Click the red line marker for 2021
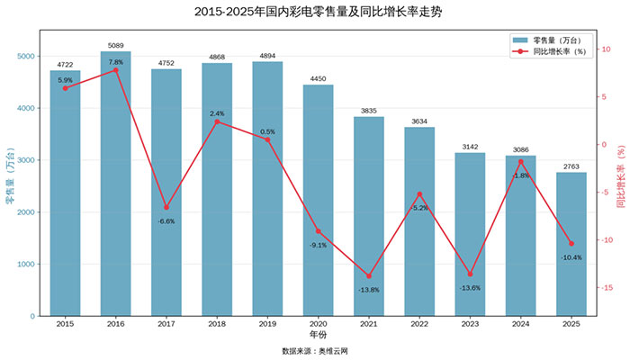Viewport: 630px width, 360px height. coord(368,276)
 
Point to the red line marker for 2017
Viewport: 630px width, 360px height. coord(166,208)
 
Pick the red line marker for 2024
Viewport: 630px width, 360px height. coord(520,162)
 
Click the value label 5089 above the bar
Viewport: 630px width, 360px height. coord(115,44)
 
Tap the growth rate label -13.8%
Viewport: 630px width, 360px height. coord(368,290)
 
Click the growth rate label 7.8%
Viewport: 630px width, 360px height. coord(115,62)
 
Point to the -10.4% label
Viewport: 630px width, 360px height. coord(571,257)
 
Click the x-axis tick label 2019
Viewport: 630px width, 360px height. coord(267,324)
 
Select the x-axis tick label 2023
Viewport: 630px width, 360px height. coord(470,324)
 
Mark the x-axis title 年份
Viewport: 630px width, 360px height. coord(318,335)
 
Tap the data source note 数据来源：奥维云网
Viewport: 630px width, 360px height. coord(315,350)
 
